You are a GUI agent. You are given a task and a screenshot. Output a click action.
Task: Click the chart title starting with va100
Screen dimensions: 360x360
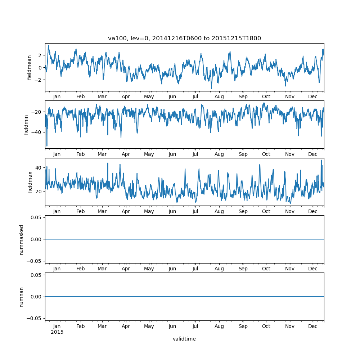[184, 38]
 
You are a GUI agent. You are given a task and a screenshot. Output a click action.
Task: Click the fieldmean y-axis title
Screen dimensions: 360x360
[30, 67]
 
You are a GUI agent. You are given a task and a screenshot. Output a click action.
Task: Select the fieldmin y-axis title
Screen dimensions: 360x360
[26, 125]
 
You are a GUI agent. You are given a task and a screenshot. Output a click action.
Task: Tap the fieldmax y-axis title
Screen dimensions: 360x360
[30, 182]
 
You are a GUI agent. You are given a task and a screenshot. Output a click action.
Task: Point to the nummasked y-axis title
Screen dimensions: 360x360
[21, 239]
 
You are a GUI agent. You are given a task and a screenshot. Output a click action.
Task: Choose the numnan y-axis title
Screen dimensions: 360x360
[21, 297]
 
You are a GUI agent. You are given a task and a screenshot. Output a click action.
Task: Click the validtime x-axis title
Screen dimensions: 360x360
[184, 339]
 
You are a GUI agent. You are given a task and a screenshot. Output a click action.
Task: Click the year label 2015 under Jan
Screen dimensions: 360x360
[57, 332]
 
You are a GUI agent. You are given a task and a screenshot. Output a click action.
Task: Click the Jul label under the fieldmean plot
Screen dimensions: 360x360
[195, 97]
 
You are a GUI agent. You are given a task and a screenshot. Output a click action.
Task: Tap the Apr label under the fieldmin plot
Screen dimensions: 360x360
[126, 154]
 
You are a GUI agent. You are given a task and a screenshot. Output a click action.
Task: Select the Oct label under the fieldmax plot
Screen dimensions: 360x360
[266, 211]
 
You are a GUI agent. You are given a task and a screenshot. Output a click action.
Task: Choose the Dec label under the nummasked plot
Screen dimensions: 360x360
[313, 269]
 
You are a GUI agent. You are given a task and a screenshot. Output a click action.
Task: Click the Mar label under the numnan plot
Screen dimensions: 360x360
[102, 326]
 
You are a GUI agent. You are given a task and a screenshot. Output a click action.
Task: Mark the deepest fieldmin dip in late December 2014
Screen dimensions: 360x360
[47, 146]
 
